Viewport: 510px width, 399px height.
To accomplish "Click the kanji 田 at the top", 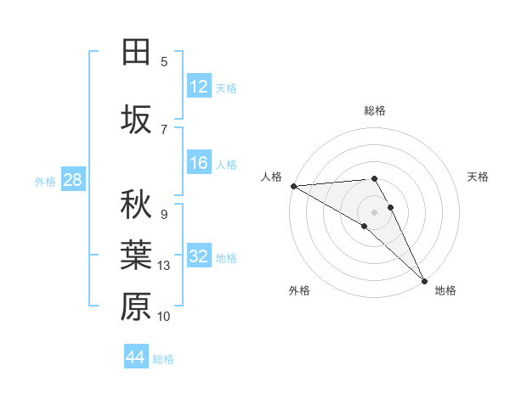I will (136, 53).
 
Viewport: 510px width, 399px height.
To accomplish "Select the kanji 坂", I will (136, 121).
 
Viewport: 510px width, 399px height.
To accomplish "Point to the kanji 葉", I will (136, 256).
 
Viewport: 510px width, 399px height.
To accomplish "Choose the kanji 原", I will (136, 306).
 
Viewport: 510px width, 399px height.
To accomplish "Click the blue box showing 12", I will (199, 87).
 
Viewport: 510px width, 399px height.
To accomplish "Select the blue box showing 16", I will (199, 164).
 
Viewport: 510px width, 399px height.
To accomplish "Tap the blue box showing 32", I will (199, 256).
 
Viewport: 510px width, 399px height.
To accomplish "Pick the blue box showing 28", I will (72, 180).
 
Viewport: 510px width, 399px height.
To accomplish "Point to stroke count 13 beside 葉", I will (165, 266).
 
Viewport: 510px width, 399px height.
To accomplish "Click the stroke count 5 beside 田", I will (164, 62).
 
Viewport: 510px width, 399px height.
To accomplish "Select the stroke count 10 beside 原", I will (165, 317).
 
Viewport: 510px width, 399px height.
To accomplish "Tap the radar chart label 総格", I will (375, 110).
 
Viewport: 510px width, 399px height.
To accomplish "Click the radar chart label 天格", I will (479, 177).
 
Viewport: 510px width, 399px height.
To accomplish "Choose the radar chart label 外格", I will (299, 290).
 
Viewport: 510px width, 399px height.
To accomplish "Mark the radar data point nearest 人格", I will (293, 186).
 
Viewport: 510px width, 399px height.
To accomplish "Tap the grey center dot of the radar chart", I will (374, 211).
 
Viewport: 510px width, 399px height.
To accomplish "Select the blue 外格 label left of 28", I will (44, 181).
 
